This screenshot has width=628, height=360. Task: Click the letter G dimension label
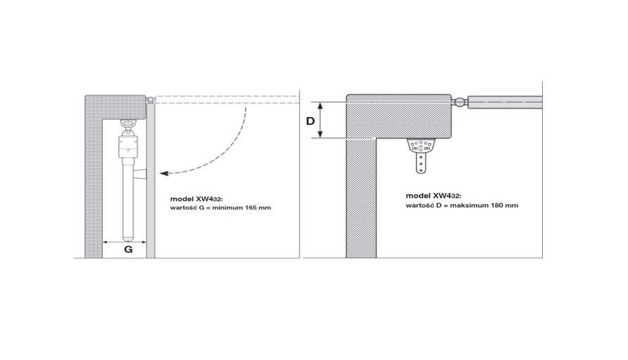(128, 249)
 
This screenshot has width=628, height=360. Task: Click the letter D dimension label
(310, 120)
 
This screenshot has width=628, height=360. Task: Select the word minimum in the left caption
(228, 208)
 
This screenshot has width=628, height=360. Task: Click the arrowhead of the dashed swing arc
(163, 173)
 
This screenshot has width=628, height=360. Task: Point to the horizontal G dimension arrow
(124, 242)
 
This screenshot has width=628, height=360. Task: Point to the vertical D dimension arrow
(320, 120)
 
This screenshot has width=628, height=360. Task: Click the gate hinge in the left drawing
(150, 99)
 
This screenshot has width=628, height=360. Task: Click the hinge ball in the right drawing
(460, 102)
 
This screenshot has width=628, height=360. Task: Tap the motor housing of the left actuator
(127, 147)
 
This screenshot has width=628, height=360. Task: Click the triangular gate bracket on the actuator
(140, 174)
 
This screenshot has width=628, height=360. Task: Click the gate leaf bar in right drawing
(505, 102)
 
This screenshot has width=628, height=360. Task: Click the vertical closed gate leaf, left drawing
(151, 180)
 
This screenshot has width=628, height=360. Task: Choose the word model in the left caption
(182, 199)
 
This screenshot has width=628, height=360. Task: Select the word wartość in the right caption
(419, 205)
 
